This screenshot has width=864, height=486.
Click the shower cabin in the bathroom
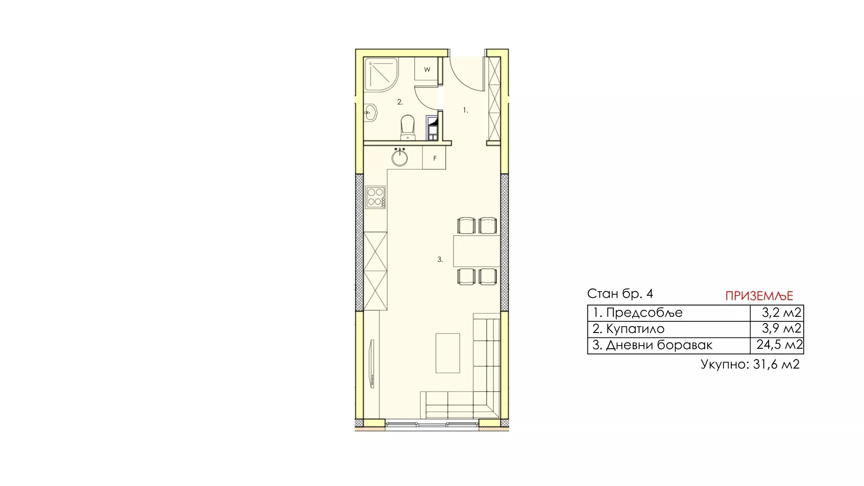click(x=381, y=75)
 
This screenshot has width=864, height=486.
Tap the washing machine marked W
click(x=427, y=69)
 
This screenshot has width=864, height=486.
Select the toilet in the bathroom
click(x=407, y=127)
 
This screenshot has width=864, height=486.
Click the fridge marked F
click(x=434, y=158)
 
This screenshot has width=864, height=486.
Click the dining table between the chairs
click(x=477, y=251)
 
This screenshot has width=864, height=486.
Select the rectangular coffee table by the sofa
click(x=448, y=353)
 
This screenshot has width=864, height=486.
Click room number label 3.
click(x=440, y=260)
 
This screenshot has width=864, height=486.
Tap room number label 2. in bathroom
click(x=400, y=102)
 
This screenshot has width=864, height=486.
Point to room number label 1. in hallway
click(x=466, y=110)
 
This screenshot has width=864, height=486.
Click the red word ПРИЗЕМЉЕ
click(x=759, y=296)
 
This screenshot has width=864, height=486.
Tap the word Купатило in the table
click(x=635, y=329)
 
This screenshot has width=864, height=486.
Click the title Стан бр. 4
click(x=620, y=294)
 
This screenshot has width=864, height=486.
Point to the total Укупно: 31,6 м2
click(x=750, y=364)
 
